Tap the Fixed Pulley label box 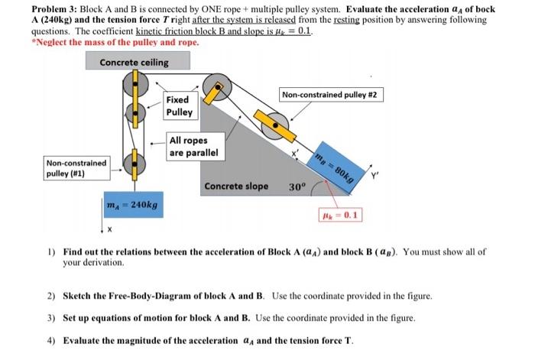click(181, 106)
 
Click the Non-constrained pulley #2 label click(332, 95)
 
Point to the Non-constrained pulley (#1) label click(76, 168)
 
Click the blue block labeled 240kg click(134, 206)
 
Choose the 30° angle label click(298, 186)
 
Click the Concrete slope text click(236, 186)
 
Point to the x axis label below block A click(109, 231)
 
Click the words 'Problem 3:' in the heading click(56, 8)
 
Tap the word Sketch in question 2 click(79, 295)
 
